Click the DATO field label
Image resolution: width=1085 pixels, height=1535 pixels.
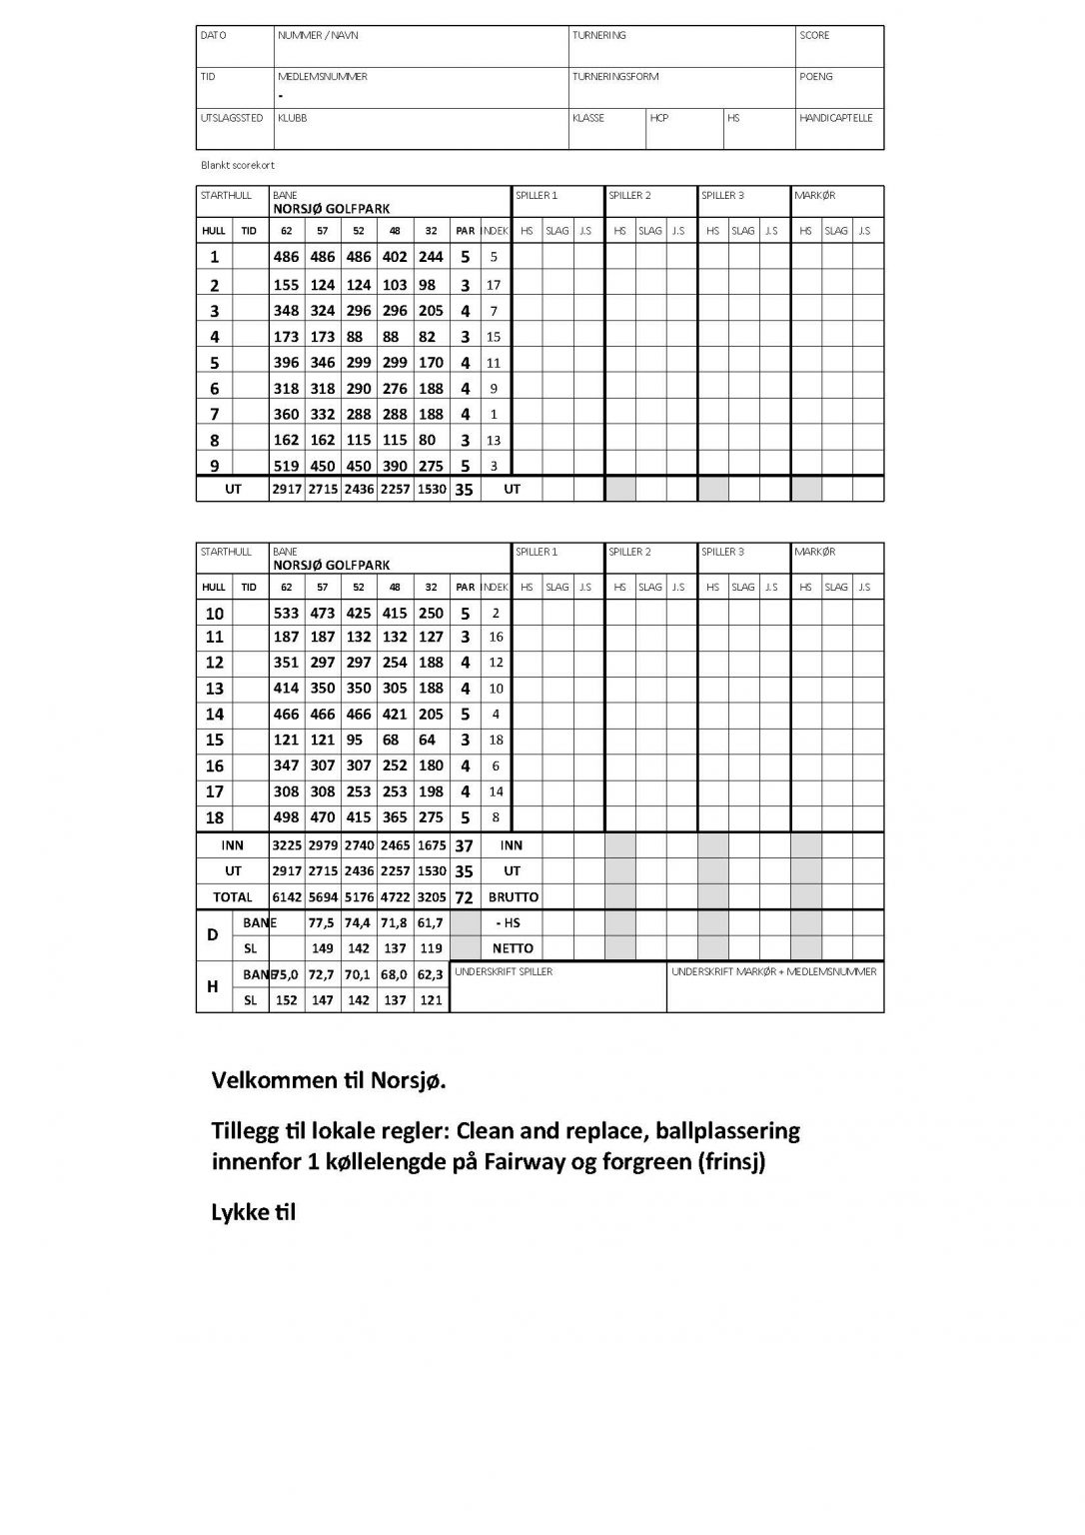[214, 35]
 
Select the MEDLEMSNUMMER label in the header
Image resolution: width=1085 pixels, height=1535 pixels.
[322, 76]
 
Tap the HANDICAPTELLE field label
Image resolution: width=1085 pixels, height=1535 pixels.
[835, 118]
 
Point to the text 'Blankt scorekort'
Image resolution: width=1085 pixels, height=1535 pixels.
[238, 165]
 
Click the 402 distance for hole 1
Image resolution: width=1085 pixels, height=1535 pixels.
[395, 257]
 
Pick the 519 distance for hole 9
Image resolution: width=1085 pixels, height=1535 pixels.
[286, 466]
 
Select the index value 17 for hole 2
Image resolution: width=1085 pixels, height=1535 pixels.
[494, 285]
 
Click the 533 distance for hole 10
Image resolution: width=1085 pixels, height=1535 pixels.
[286, 614]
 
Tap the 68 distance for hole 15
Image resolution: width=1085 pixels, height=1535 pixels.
[395, 741]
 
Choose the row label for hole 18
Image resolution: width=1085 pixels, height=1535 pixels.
[214, 817]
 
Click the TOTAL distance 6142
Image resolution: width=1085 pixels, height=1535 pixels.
[286, 897]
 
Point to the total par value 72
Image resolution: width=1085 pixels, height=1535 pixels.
[465, 897]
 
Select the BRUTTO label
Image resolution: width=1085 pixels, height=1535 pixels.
[513, 897]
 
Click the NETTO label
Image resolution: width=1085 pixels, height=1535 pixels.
[513, 948]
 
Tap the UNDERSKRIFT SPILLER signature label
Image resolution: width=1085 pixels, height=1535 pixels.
[504, 971]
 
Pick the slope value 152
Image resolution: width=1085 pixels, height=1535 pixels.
[286, 1000]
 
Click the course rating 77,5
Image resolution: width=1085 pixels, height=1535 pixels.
[322, 923]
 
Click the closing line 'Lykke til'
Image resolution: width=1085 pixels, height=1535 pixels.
[254, 1212]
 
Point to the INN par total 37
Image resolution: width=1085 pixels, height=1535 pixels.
[465, 845]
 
